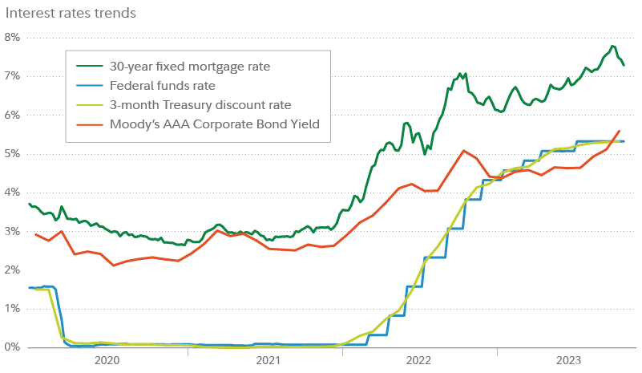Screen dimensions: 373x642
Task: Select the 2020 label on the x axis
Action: [x=107, y=361]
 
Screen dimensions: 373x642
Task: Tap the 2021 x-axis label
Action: [x=268, y=361]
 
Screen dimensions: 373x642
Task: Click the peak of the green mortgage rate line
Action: [x=613, y=46]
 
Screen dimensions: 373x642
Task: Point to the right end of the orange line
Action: [x=619, y=131]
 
